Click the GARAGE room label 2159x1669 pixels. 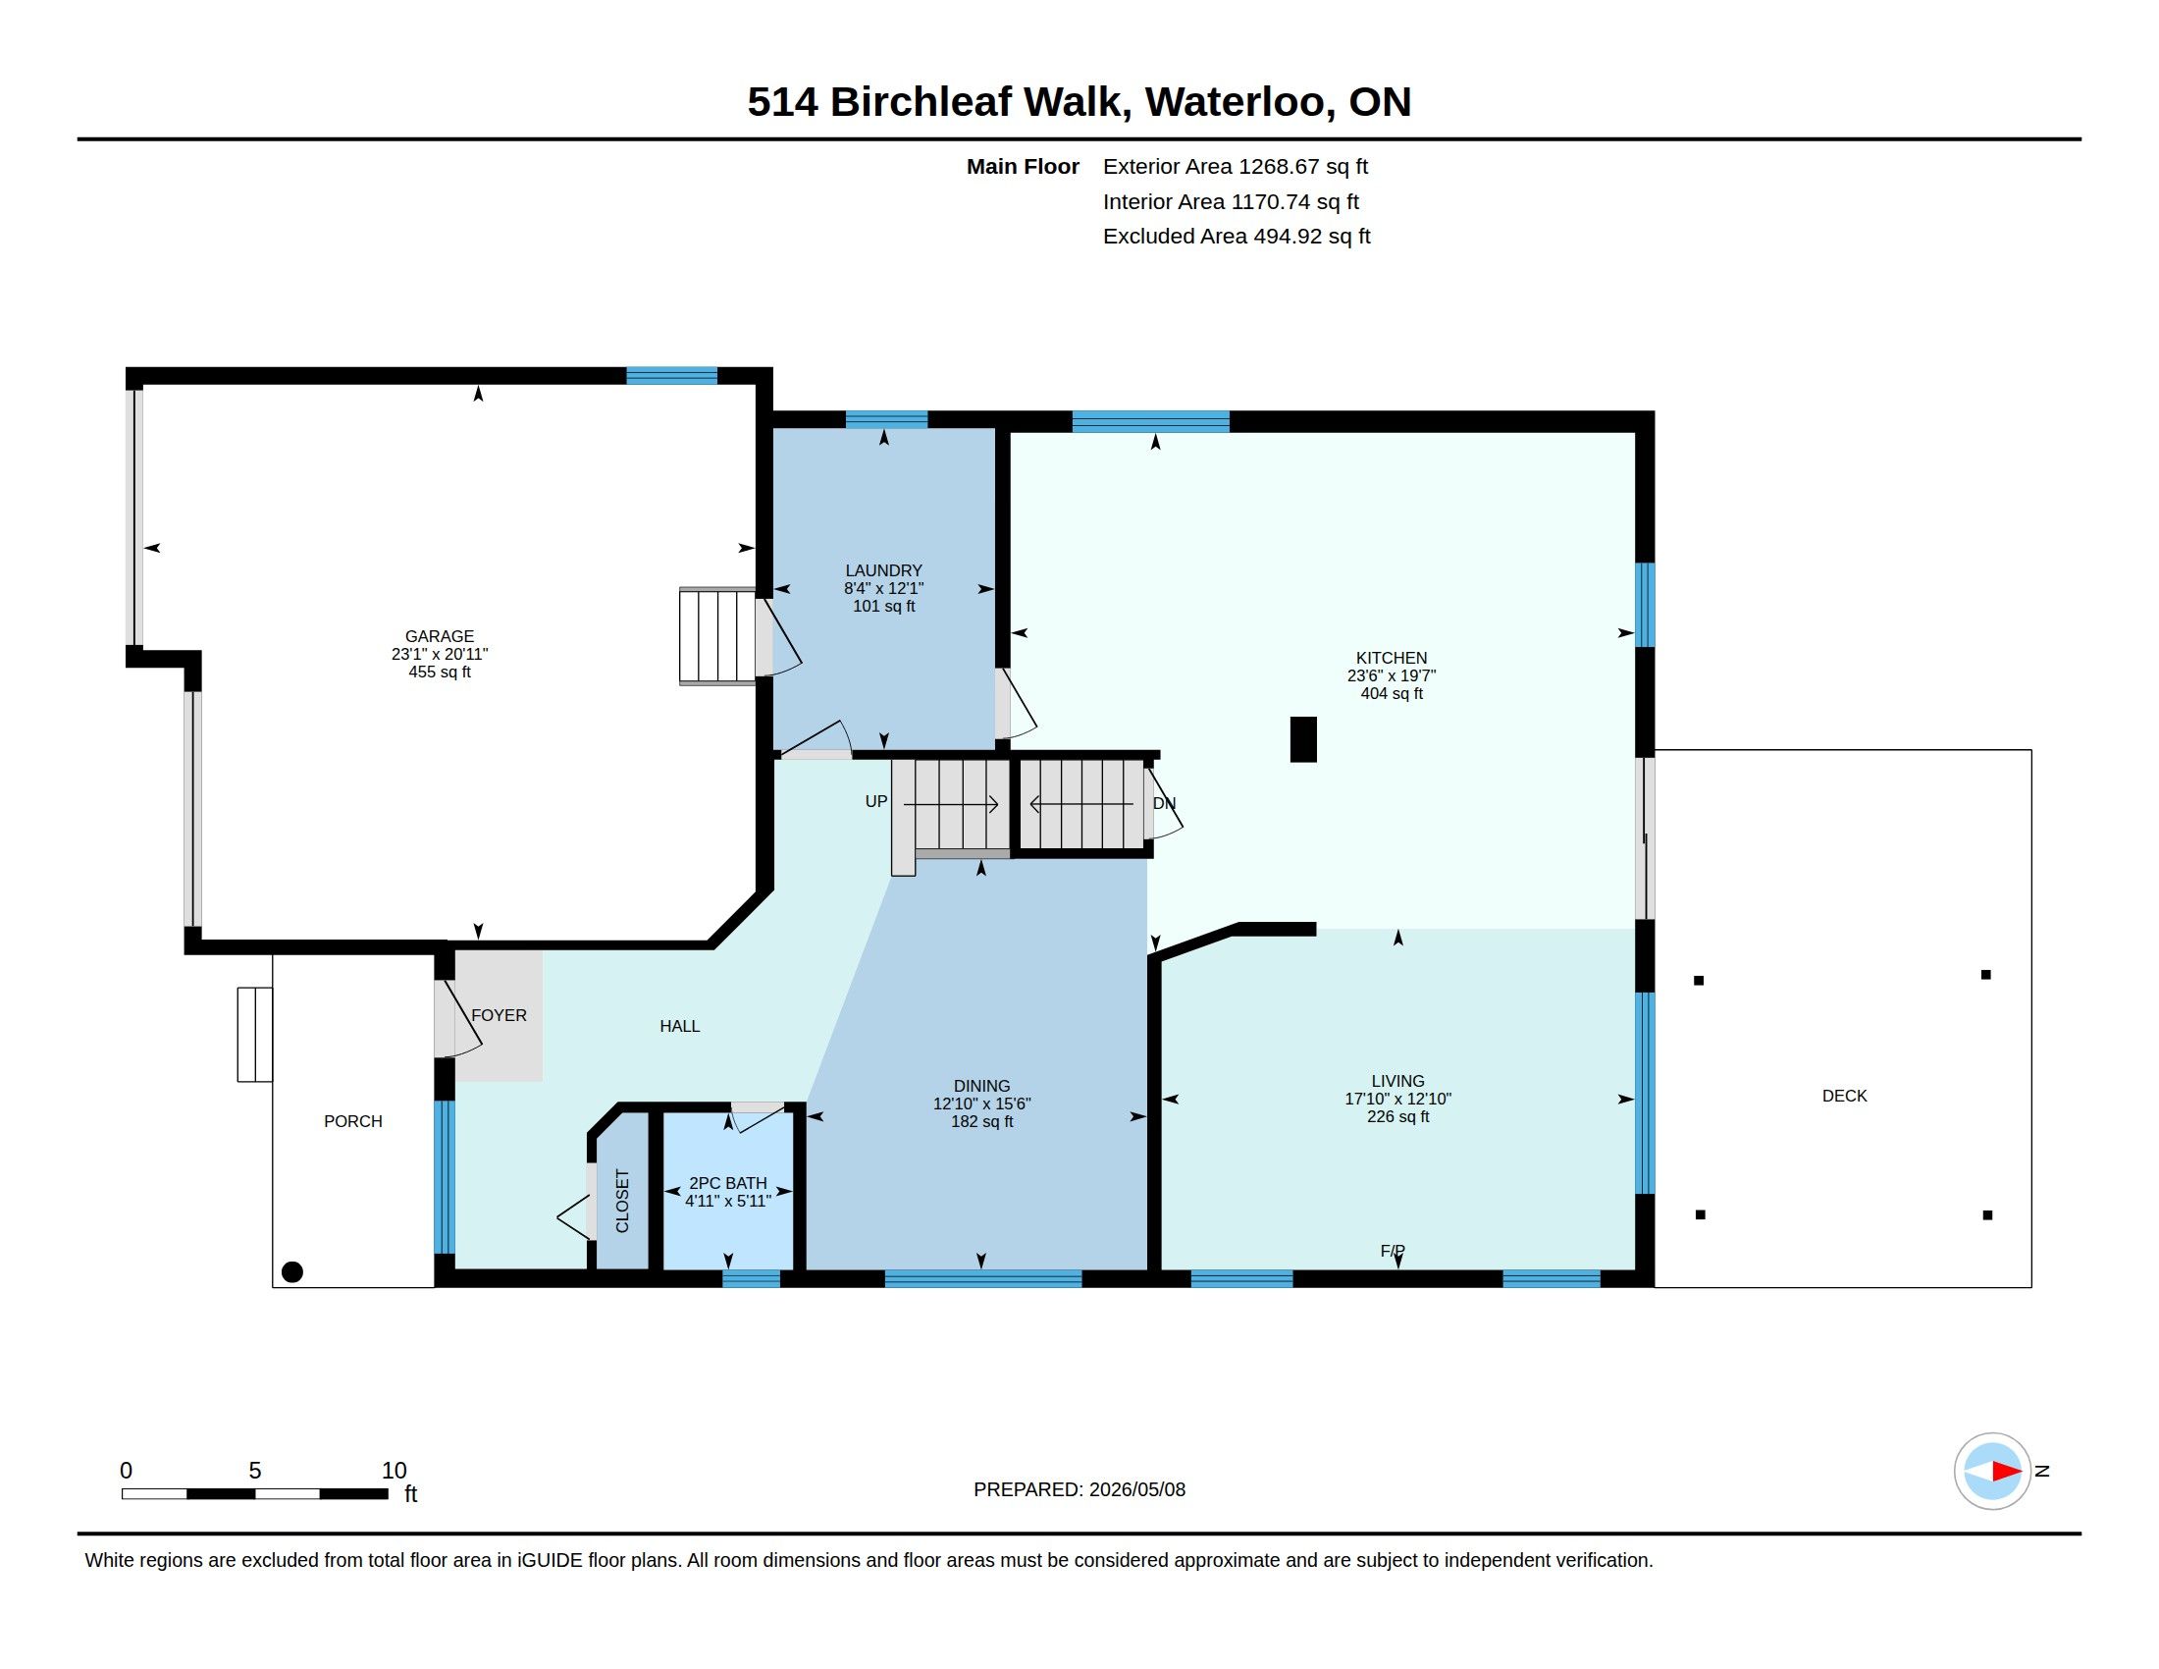point(439,637)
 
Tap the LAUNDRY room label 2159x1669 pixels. point(884,570)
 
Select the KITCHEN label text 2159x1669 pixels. point(1391,658)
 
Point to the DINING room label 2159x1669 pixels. point(981,1086)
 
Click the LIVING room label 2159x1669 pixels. point(1397,1081)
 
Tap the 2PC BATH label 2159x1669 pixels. point(727,1183)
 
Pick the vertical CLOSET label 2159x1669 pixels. point(622,1202)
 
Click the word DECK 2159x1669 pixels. point(1845,1096)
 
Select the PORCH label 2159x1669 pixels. point(353,1121)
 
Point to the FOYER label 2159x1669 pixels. point(500,1015)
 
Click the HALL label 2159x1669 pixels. point(680,1026)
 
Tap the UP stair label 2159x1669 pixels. point(875,802)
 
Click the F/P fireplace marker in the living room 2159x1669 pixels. point(1393,1251)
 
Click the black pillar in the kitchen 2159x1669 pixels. point(1303,739)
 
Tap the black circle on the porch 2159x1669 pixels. point(291,1272)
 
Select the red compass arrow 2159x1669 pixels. point(2007,1472)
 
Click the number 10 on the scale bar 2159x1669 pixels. point(394,1471)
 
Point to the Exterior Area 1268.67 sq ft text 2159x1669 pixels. point(1235,166)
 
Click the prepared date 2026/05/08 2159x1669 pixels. point(1136,1489)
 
